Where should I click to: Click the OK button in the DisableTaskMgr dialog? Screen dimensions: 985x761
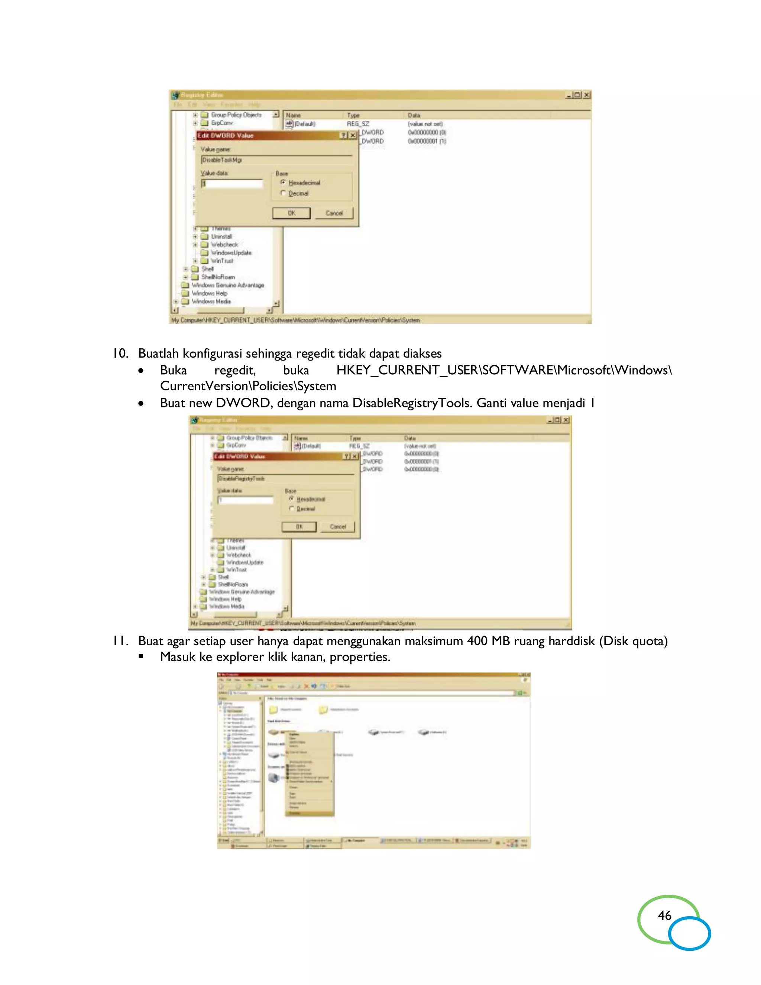pos(291,213)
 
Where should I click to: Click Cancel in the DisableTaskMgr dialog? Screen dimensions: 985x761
pos(334,213)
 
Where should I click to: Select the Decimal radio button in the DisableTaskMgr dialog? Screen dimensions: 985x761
pos(283,193)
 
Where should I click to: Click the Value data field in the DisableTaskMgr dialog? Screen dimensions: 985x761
pos(232,184)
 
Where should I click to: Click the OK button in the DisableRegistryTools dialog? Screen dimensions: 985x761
pos(299,527)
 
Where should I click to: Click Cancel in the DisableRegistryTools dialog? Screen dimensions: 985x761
pos(338,527)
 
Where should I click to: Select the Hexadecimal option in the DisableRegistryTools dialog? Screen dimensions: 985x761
pos(291,499)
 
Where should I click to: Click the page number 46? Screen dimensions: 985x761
pos(664,915)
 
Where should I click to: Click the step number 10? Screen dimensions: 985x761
pos(120,353)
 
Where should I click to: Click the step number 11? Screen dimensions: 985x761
pos(120,640)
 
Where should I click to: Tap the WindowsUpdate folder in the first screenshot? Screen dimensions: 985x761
pos(231,252)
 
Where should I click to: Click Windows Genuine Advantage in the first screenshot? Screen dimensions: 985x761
pos(228,285)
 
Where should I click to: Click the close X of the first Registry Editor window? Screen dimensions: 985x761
pos(586,95)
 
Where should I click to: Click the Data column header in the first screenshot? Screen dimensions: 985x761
pos(414,116)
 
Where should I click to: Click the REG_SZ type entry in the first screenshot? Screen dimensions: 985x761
pos(357,123)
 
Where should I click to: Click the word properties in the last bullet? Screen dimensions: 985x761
pos(359,657)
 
